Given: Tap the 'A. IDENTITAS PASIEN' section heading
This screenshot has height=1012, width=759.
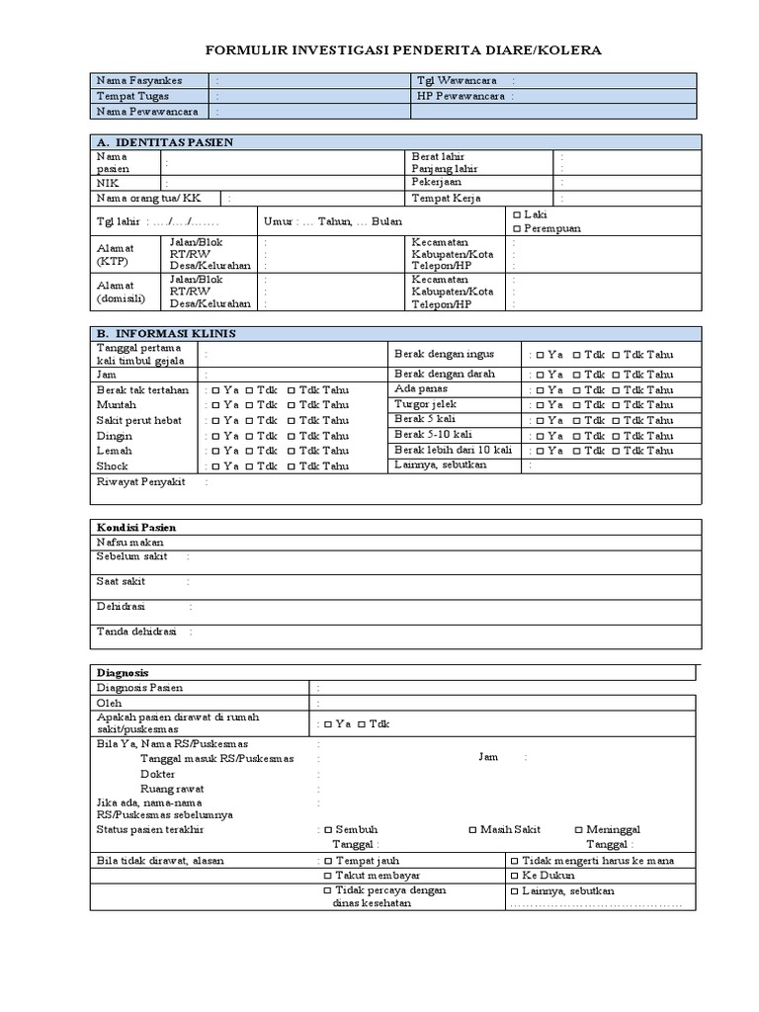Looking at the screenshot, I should pyautogui.click(x=164, y=142).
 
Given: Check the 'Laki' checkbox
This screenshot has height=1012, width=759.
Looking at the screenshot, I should pyautogui.click(x=517, y=214).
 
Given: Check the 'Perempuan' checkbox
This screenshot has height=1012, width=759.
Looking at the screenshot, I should pyautogui.click(x=517, y=228).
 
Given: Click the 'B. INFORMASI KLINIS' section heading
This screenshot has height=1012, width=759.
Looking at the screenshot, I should pyautogui.click(x=166, y=333).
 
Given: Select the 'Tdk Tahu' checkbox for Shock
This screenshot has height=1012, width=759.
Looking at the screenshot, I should pyautogui.click(x=291, y=466).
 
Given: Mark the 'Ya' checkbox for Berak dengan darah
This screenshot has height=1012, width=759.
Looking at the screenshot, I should pyautogui.click(x=540, y=375).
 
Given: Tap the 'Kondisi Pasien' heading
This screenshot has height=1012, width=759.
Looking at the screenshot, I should pyautogui.click(x=136, y=528).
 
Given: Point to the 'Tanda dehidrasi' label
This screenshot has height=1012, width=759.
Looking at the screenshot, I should pyautogui.click(x=136, y=631).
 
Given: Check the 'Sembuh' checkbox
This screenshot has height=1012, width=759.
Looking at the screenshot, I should pyautogui.click(x=328, y=829).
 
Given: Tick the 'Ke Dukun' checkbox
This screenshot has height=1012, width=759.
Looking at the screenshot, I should pyautogui.click(x=515, y=876).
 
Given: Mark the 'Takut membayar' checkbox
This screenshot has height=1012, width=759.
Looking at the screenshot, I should pyautogui.click(x=328, y=876).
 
